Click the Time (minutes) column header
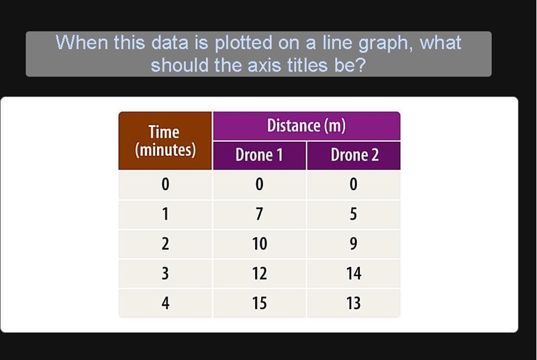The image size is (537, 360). pyautogui.click(x=165, y=141)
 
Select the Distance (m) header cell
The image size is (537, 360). pyautogui.click(x=307, y=126)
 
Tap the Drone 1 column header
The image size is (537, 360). pyautogui.click(x=259, y=156)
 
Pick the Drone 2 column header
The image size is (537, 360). pyautogui.click(x=354, y=156)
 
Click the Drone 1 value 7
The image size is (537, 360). pyautogui.click(x=259, y=214)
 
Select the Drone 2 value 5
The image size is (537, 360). pyautogui.click(x=354, y=214)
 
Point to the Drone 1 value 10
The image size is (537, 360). pyautogui.click(x=259, y=244)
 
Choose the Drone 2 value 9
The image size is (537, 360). pyautogui.click(x=354, y=244)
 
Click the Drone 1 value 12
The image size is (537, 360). pyautogui.click(x=259, y=273)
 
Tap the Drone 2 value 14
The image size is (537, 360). pyautogui.click(x=354, y=273)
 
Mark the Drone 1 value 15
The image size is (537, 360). pyautogui.click(x=259, y=304)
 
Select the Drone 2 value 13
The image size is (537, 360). pyautogui.click(x=354, y=304)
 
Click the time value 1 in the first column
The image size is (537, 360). pyautogui.click(x=165, y=214)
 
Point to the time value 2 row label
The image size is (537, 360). pyautogui.click(x=165, y=244)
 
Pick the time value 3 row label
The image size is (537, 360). pyautogui.click(x=165, y=273)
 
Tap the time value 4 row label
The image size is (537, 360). pyautogui.click(x=165, y=304)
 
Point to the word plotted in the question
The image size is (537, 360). pyautogui.click(x=244, y=43)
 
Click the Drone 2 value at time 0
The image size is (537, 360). pyautogui.click(x=354, y=184)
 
